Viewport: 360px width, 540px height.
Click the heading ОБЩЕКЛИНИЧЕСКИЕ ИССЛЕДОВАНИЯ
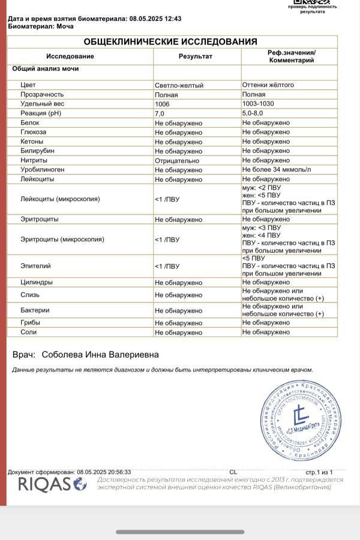[170, 41]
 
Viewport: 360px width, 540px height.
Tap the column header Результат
[196, 56]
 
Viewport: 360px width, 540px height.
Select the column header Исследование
[70, 56]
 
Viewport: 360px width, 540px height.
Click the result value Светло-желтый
[179, 85]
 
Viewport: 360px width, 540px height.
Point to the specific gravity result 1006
[163, 104]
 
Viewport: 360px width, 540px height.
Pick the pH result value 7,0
[160, 113]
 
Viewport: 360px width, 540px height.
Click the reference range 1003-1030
[260, 104]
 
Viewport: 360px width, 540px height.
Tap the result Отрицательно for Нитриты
[177, 160]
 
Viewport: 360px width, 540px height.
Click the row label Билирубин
[37, 151]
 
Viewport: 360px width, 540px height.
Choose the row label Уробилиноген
[42, 170]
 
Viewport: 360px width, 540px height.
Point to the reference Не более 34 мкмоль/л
[277, 170]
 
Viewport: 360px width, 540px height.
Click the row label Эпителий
[35, 265]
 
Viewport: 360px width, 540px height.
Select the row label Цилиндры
[37, 282]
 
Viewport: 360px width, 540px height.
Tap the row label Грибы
[31, 323]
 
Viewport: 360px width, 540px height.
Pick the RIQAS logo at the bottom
[52, 484]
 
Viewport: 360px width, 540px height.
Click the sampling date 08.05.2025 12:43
[155, 19]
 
